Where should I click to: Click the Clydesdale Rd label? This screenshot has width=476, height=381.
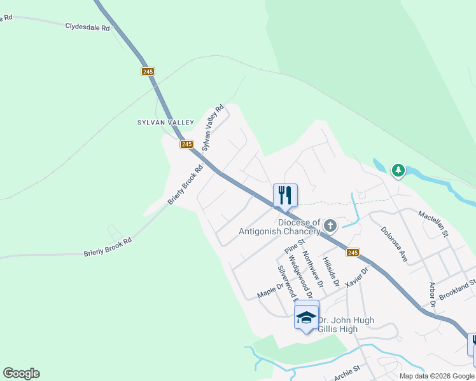click(88, 27)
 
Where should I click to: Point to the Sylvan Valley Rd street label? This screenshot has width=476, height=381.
click(214, 127)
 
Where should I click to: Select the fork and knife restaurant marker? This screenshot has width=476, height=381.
click(285, 195)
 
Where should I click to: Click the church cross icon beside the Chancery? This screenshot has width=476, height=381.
click(330, 225)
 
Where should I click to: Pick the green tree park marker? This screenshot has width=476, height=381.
click(398, 170)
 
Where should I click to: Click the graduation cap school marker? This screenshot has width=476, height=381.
click(306, 316)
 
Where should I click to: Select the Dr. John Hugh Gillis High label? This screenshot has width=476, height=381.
click(346, 324)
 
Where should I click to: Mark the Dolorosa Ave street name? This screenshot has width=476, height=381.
click(394, 244)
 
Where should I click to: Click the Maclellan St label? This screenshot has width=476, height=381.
click(433, 224)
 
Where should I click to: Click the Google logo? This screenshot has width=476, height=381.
click(21, 373)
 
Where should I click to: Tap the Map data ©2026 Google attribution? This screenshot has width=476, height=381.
click(436, 376)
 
